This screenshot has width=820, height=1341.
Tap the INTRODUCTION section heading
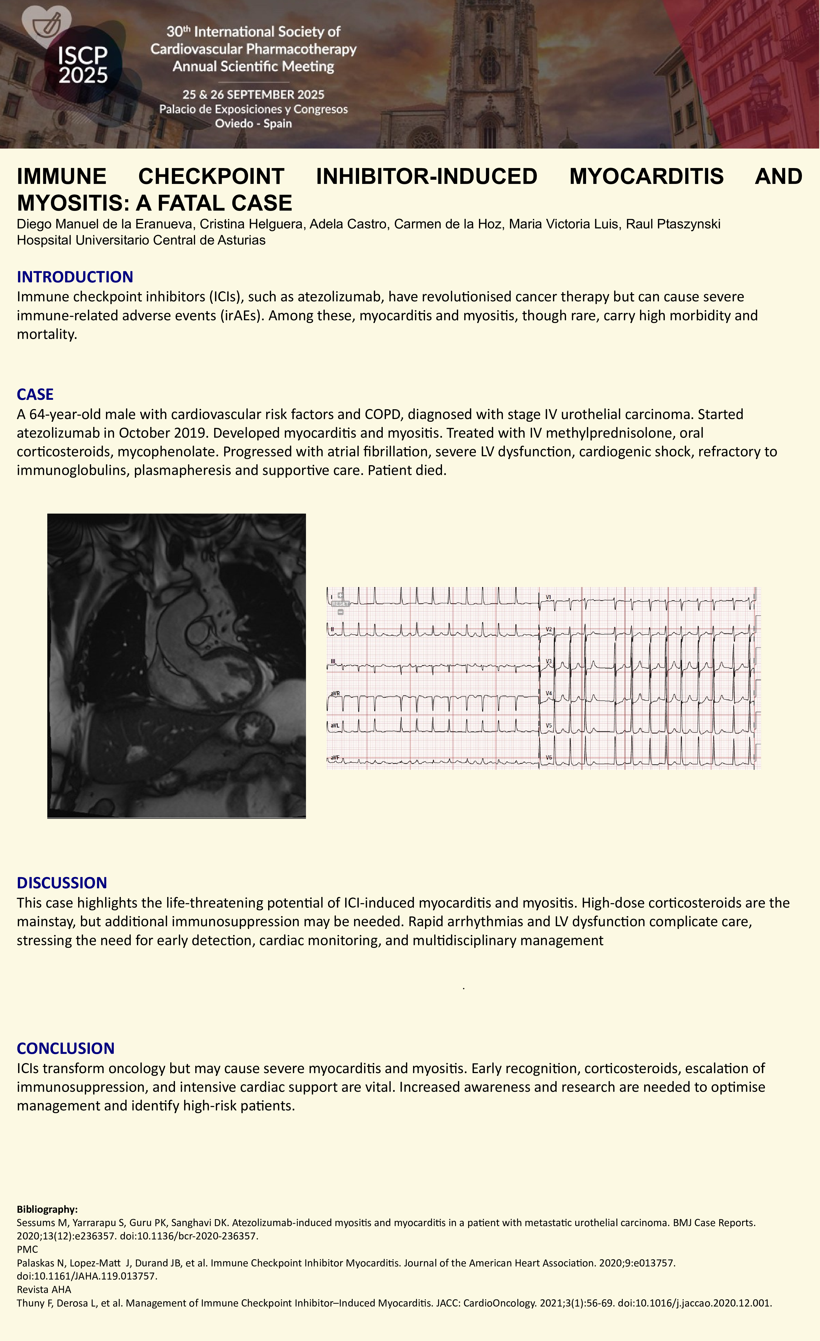pyautogui.click(x=75, y=277)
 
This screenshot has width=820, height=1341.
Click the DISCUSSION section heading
pyautogui.click(x=61, y=883)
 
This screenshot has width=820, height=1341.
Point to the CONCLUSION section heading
pyautogui.click(x=65, y=1048)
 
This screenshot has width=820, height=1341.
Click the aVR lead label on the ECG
pyautogui.click(x=335, y=693)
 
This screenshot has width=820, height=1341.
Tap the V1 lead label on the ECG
pyautogui.click(x=549, y=597)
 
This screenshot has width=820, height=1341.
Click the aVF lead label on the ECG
pyautogui.click(x=335, y=758)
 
